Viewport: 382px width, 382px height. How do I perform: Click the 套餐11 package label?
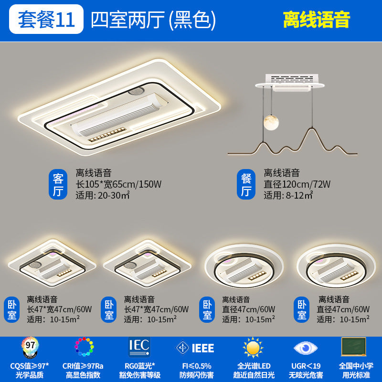46,19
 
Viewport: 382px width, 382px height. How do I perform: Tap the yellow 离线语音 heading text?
316,19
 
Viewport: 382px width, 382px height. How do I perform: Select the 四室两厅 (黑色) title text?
153,19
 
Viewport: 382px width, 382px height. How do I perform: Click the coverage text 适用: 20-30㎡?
103,195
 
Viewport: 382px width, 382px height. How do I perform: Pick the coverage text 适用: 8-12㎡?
288,195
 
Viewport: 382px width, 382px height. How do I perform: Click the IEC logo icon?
139,347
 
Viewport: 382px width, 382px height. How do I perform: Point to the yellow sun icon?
253,348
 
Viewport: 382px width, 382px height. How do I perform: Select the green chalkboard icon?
353,346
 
